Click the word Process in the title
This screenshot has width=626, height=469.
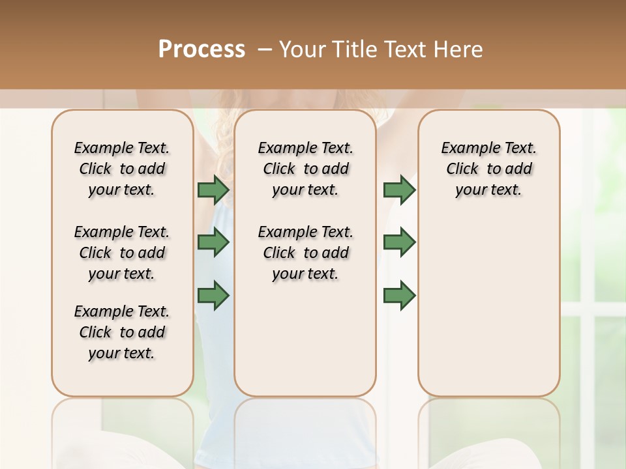[x=201, y=50]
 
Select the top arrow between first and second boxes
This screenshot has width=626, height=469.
[x=213, y=190]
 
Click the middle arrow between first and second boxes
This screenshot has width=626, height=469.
[x=213, y=242]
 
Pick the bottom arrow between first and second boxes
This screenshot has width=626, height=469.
[x=213, y=296]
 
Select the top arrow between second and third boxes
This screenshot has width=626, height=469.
[x=399, y=190]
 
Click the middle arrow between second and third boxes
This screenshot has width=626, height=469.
[x=399, y=242]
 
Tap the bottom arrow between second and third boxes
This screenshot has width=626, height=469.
[x=399, y=296]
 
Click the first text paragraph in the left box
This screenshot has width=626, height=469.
[x=122, y=169]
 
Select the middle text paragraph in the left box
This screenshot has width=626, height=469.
[x=122, y=253]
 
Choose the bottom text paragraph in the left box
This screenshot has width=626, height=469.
[x=122, y=332]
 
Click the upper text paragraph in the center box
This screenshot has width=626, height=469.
[x=305, y=169]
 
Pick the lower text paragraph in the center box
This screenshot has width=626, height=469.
[x=305, y=253]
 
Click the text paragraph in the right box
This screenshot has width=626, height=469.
[x=489, y=169]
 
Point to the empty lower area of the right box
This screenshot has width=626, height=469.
[x=489, y=306]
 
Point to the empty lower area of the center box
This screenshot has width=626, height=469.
[x=305, y=339]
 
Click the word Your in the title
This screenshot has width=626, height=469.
[x=302, y=50]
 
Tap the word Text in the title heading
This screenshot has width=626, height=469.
[x=406, y=50]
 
